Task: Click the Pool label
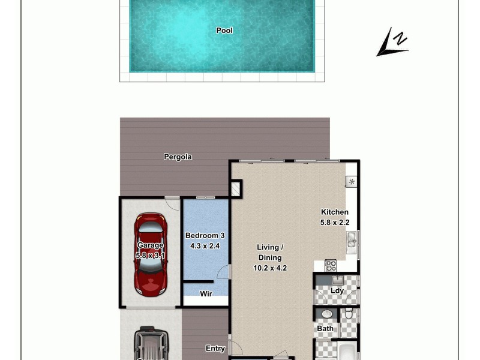[224, 31]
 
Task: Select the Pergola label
[178, 157]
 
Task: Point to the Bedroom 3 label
[205, 236]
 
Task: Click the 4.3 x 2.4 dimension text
[205, 245]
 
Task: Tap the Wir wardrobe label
[206, 294]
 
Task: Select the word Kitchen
[334, 212]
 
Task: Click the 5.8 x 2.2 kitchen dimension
[334, 222]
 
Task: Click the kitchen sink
[352, 242]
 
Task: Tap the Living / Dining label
[270, 252]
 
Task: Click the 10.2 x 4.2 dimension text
[270, 268]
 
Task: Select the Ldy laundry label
[337, 291]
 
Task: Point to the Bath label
[325, 329]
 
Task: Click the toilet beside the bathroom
[349, 313]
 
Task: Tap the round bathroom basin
[328, 314]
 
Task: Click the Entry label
[215, 349]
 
